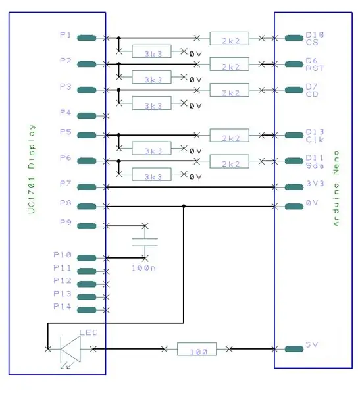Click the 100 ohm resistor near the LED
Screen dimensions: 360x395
197,349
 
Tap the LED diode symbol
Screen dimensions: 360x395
70,349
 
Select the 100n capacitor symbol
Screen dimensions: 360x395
145,242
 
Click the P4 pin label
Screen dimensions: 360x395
66,113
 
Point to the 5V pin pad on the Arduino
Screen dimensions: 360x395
294,349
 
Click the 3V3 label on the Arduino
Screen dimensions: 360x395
315,184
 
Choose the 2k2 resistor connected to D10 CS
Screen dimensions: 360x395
229,39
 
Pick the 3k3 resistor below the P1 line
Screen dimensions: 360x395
151,51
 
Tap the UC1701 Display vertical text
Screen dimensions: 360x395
32,169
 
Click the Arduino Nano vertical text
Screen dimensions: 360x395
336,189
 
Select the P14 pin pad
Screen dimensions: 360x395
87,310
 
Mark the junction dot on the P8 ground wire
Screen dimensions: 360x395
184,207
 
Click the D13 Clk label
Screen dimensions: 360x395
315,136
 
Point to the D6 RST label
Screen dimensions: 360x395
315,65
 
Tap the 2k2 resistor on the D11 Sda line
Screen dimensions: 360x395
229,161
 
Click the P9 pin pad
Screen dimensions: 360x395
87,226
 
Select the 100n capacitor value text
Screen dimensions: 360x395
143,268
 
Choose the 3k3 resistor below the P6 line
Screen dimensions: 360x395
151,174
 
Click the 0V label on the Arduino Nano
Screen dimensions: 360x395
312,203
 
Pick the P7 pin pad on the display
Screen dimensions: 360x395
87,187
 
